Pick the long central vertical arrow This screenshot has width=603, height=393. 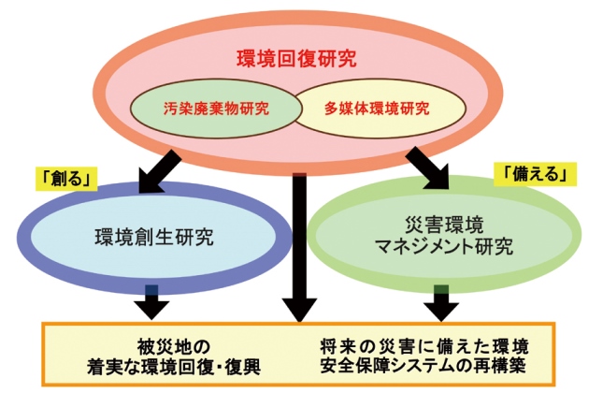(298, 243)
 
